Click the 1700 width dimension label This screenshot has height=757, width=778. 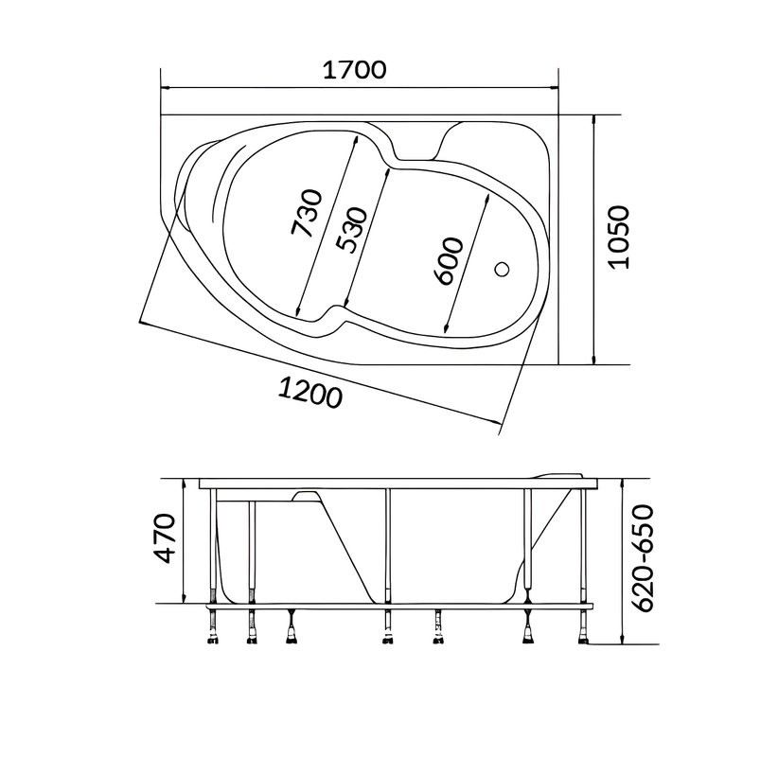[354, 70]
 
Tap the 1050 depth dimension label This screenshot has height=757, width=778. [619, 238]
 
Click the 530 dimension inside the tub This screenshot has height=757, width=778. [351, 230]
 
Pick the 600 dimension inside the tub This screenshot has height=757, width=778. [448, 261]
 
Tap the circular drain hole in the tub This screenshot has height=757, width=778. [503, 270]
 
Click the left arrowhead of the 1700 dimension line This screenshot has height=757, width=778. [166, 88]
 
